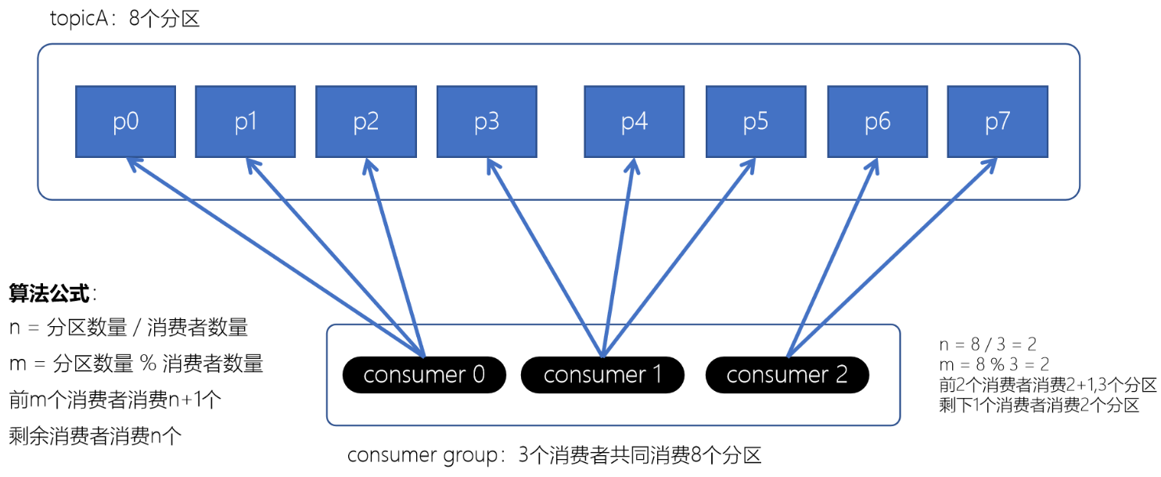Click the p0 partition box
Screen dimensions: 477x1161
coord(125,121)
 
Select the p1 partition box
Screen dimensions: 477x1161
coord(245,121)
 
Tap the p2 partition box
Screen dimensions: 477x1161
coord(365,121)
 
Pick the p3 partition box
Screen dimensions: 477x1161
coord(487,121)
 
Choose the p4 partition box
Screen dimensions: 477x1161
coord(634,121)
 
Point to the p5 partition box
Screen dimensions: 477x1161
coord(756,121)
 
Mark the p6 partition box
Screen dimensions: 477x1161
coord(877,121)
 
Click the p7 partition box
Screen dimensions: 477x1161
coord(997,121)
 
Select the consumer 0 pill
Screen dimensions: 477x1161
coord(424,375)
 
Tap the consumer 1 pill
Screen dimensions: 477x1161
coord(602,375)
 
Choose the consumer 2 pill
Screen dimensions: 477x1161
coord(787,375)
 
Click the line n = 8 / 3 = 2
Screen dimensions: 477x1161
coord(987,345)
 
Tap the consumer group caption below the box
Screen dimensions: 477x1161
coord(554,455)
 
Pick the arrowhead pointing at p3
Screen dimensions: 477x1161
coord(491,164)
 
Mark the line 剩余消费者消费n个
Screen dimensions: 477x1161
coord(95,436)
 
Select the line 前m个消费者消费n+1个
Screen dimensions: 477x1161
coord(115,400)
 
